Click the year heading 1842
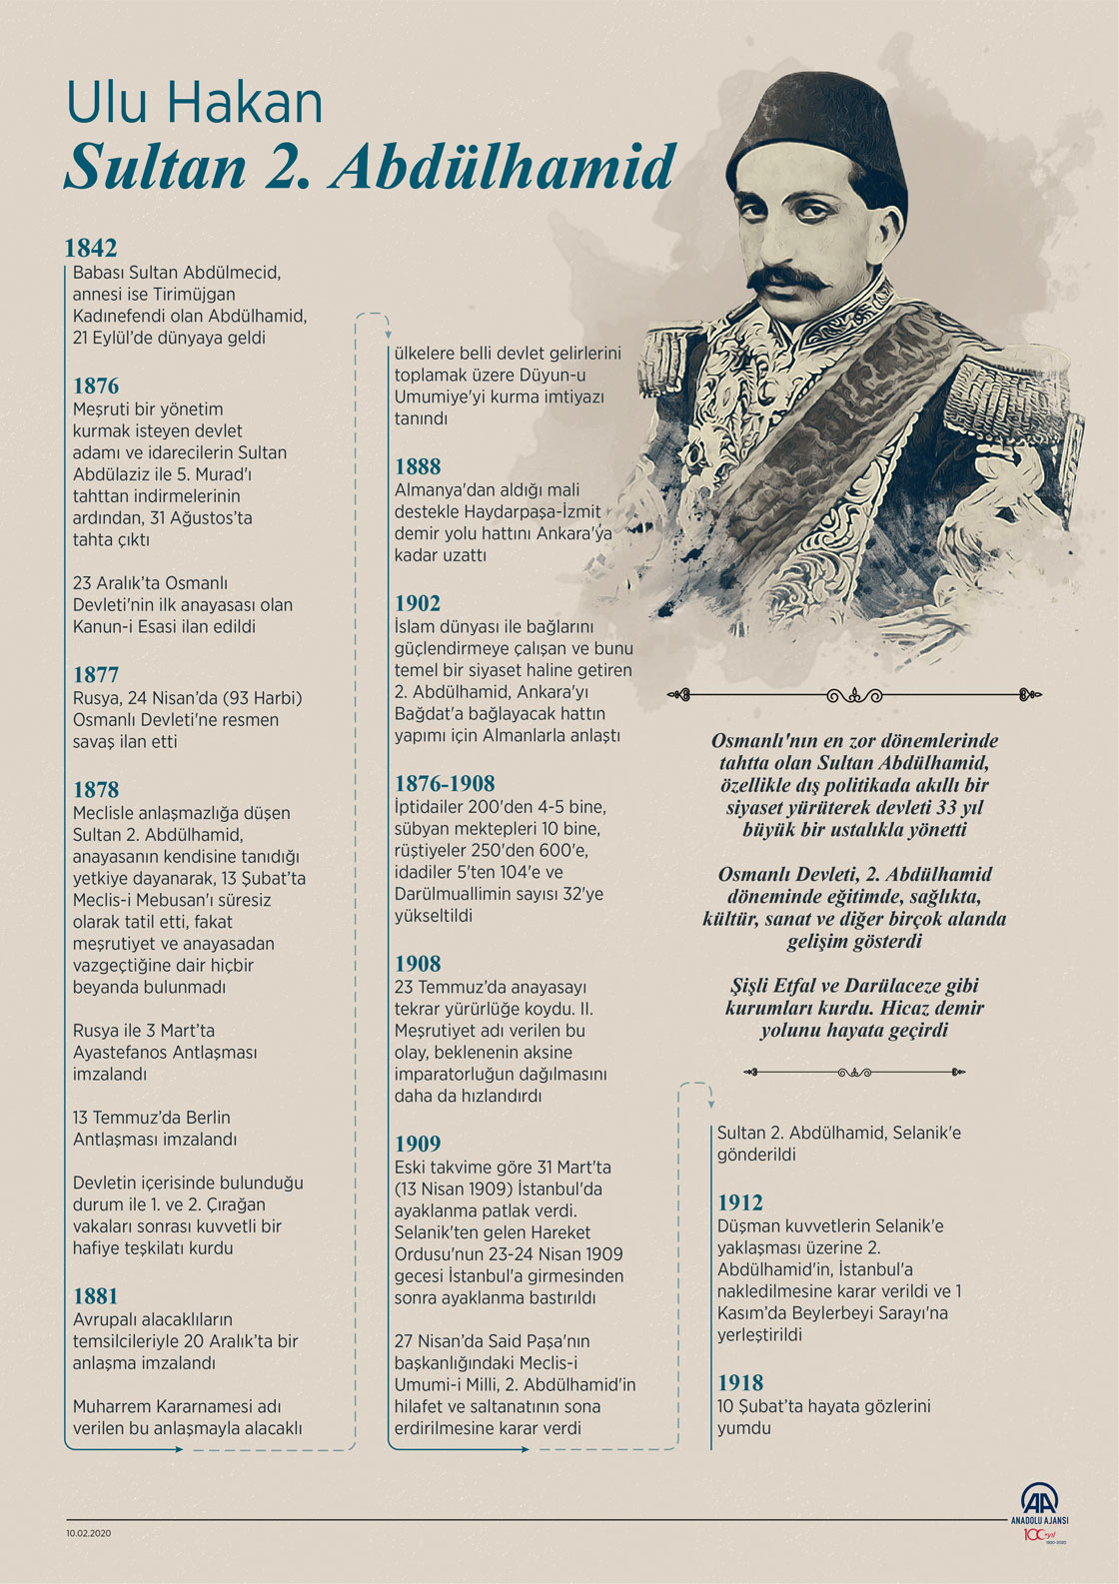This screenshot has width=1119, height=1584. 91,248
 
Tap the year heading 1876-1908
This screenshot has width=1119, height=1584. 445,783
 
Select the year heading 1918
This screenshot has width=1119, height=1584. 740,1382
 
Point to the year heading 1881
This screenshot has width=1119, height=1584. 96,1295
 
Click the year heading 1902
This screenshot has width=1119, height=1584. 418,602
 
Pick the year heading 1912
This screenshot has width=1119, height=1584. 740,1202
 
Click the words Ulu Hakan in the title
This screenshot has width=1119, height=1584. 195,104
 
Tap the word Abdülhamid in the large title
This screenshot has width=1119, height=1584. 503,167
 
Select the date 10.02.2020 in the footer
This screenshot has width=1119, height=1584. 89,1531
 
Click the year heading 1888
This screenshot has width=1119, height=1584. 418,466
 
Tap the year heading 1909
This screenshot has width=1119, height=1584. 418,1144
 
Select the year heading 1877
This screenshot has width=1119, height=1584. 96,674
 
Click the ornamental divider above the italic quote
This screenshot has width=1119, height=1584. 855,695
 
